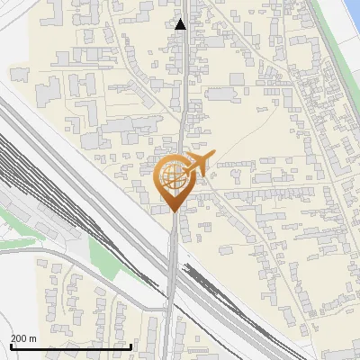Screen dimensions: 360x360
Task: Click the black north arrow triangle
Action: (x=181, y=24)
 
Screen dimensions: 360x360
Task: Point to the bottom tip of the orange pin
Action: (x=174, y=212)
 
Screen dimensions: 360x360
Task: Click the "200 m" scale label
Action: (x=23, y=338)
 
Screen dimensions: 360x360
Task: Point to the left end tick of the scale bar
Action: (x=10, y=345)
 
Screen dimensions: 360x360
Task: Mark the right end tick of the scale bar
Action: (x=131, y=345)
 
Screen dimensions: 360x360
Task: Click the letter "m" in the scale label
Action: (x=32, y=338)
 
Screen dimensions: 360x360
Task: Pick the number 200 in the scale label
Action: (x=19, y=338)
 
